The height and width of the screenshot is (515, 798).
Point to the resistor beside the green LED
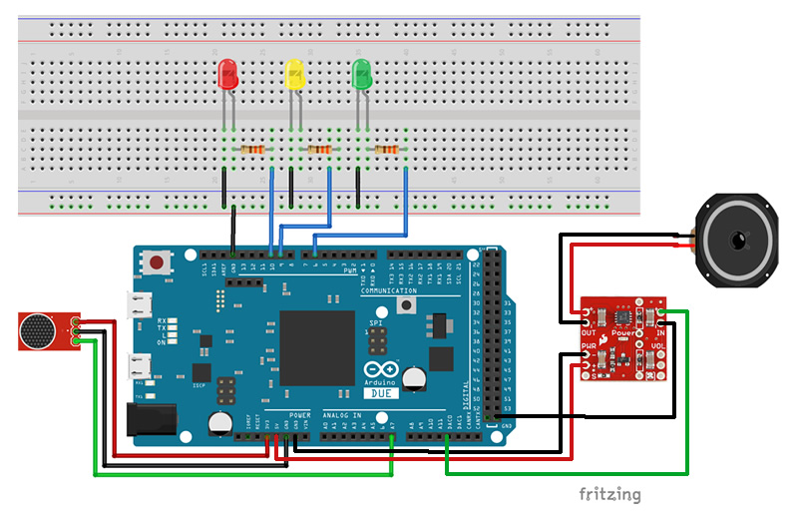click(x=386, y=150)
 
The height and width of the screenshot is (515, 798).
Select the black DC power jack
click(x=153, y=419)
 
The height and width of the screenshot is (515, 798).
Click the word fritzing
click(x=609, y=494)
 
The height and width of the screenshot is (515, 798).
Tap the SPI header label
click(x=375, y=324)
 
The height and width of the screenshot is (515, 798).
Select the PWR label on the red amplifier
click(x=589, y=347)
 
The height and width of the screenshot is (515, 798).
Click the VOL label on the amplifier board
click(x=658, y=347)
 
